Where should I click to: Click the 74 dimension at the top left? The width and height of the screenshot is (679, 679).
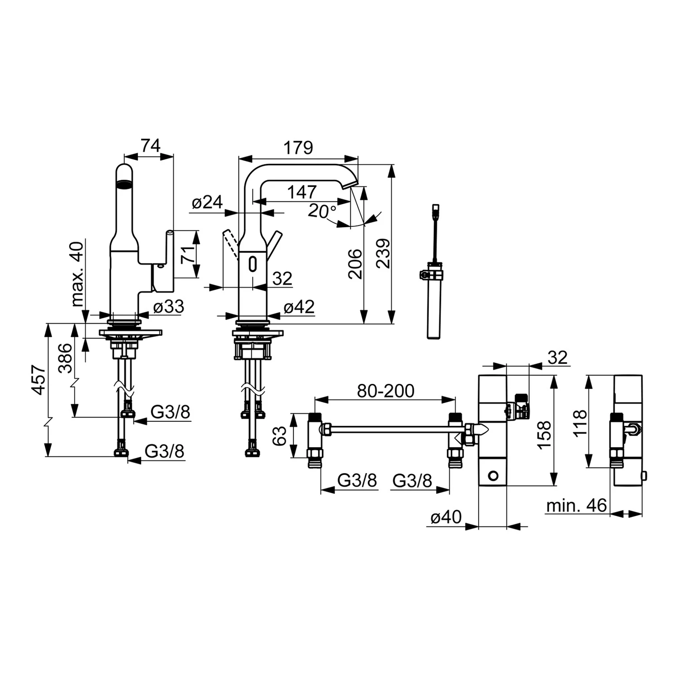(x=151, y=146)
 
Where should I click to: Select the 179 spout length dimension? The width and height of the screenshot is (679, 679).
(x=298, y=148)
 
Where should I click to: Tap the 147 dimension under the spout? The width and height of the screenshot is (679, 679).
(x=302, y=192)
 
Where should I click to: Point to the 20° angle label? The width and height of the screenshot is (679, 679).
(x=322, y=211)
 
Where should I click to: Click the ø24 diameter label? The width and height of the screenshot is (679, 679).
(x=207, y=202)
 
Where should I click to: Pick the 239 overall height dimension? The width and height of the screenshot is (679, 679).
(x=383, y=253)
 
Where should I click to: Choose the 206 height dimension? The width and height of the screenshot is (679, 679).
(x=355, y=264)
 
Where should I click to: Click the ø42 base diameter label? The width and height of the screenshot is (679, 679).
(x=299, y=307)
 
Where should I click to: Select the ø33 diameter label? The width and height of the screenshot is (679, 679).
(x=169, y=307)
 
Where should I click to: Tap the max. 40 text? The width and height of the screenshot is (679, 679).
(x=77, y=274)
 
